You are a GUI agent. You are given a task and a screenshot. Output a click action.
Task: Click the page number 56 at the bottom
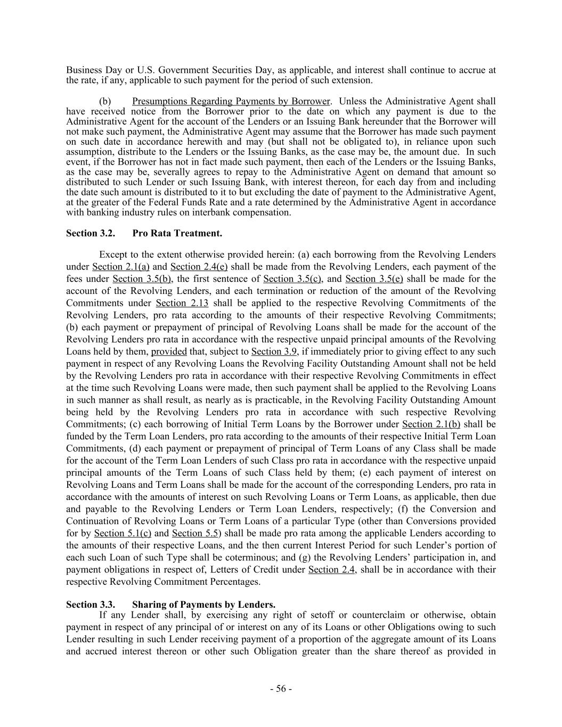pos(281,689)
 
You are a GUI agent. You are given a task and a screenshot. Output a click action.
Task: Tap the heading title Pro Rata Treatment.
pos(177,233)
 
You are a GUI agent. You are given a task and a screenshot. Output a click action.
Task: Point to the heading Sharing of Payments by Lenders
pos(203,605)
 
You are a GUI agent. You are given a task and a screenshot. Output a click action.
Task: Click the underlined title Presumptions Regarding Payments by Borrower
pos(231,101)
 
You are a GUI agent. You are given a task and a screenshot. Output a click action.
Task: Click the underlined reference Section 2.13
pos(182,303)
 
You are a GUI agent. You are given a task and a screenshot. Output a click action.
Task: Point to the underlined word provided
pos(169,352)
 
